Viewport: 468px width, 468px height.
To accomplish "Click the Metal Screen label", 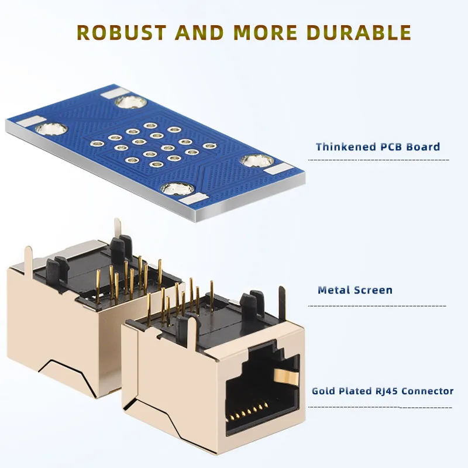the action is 355,290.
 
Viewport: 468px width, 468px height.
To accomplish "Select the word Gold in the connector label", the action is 324,391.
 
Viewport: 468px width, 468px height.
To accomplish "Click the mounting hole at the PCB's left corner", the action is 47,127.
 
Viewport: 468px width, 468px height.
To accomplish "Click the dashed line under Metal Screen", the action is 377,305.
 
